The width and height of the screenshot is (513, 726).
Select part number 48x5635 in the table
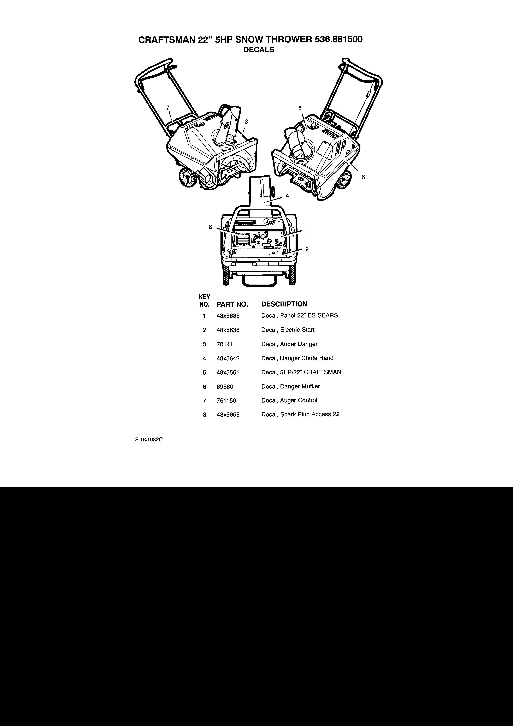[228, 316]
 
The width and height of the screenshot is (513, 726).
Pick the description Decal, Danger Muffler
[290, 386]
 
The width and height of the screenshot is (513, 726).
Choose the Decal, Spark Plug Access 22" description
[301, 415]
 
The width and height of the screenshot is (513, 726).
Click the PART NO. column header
[232, 304]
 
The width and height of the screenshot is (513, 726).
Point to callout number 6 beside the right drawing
[363, 177]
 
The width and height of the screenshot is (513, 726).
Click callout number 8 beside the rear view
[210, 227]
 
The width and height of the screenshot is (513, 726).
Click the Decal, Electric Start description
[288, 330]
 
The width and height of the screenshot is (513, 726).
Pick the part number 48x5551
[228, 373]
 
